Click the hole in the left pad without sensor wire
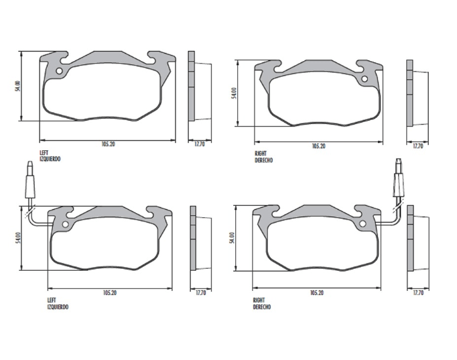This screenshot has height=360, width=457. [x=59, y=71]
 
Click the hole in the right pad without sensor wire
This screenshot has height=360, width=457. [x=365, y=79]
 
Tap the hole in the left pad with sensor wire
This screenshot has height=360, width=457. [x=65, y=224]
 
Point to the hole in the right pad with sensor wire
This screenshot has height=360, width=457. [x=363, y=224]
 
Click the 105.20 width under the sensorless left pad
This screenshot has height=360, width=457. [x=108, y=144]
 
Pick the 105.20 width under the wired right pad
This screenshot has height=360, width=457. [x=317, y=292]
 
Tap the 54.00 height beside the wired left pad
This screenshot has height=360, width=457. [x=18, y=238]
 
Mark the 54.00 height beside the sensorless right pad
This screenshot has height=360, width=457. [x=235, y=93]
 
